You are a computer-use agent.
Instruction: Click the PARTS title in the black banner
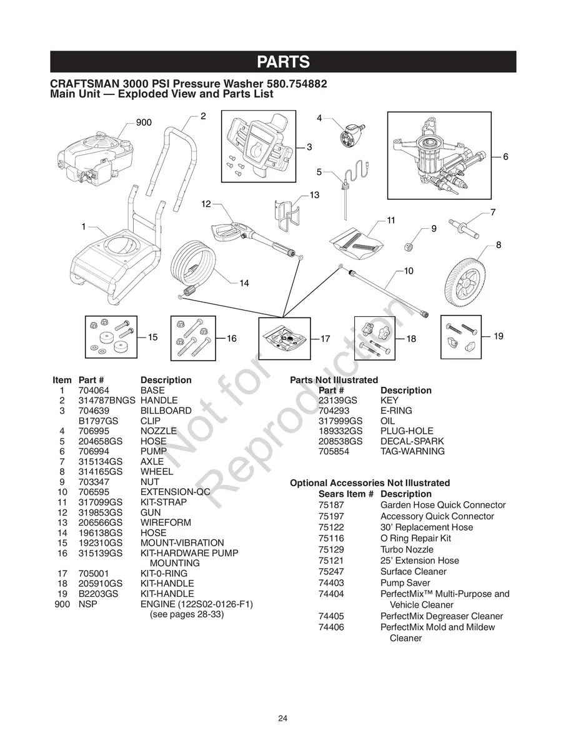point(283,62)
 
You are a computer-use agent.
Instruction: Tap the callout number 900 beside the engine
point(144,122)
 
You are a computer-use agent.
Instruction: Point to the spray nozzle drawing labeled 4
point(352,134)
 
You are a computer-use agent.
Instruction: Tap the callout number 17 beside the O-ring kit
point(325,339)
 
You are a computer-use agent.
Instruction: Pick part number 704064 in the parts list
point(94,391)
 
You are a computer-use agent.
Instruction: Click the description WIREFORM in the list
point(166,522)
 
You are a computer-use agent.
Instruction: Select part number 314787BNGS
point(107,401)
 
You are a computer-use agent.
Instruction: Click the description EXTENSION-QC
point(176,492)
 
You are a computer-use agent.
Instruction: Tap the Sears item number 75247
point(331,571)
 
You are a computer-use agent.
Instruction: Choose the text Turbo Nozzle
point(407,549)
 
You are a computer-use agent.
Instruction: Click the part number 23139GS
point(338,401)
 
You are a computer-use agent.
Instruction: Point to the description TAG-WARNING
point(412,451)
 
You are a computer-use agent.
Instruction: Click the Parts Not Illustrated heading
point(334,380)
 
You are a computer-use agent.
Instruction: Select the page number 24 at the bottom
point(283,719)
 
